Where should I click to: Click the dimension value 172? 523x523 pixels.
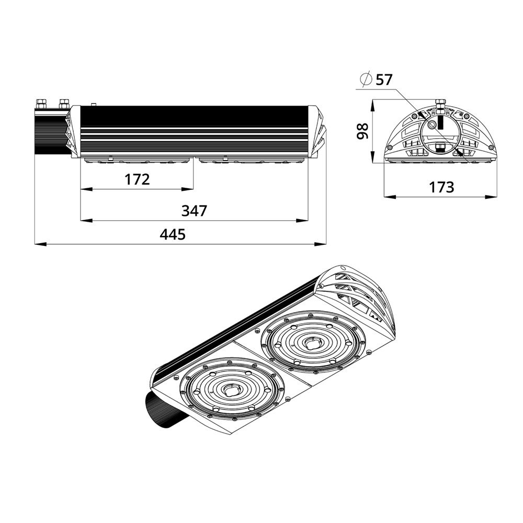click(x=137, y=179)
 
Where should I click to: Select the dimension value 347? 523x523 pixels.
click(x=194, y=211)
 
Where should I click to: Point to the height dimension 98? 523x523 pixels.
click(x=361, y=131)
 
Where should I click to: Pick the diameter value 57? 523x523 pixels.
click(x=383, y=79)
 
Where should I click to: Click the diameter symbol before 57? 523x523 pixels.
click(x=366, y=79)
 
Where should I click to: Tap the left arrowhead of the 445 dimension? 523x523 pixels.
click(x=38, y=243)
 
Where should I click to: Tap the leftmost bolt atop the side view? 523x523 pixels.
click(x=41, y=102)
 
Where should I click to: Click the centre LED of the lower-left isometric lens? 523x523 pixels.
click(x=230, y=390)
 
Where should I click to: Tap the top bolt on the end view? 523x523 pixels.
click(x=439, y=104)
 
